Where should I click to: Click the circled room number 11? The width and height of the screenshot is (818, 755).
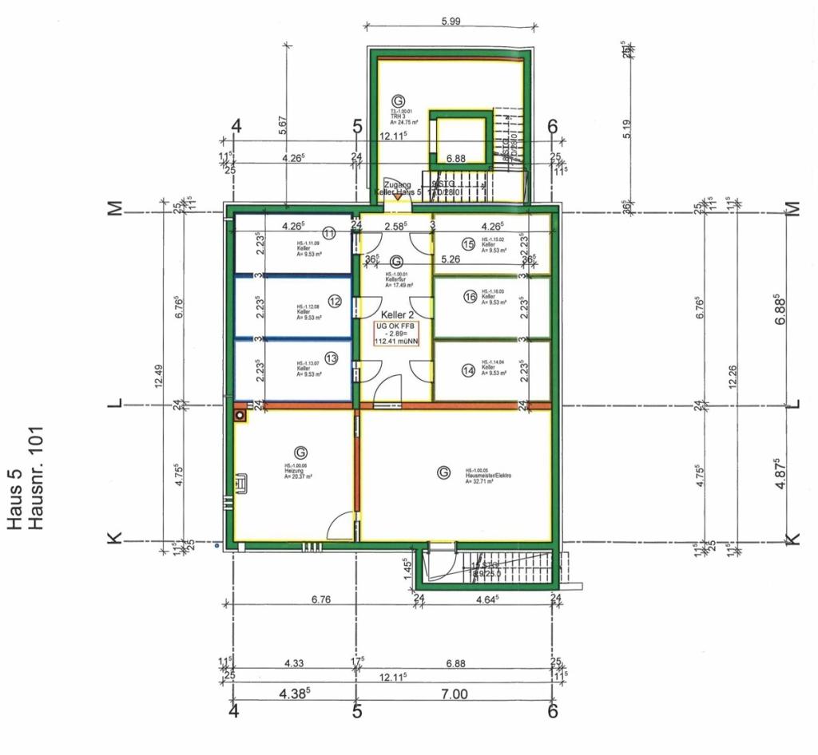tap(329, 232)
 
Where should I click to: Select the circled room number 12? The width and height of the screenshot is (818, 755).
tap(334, 301)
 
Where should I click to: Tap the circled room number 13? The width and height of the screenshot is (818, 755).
tap(331, 359)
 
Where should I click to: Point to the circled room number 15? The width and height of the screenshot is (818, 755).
tap(469, 243)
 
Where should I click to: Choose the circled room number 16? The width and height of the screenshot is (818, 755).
tap(470, 297)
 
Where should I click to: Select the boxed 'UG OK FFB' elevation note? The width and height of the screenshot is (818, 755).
tap(397, 334)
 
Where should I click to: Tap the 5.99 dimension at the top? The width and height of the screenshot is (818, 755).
tap(451, 22)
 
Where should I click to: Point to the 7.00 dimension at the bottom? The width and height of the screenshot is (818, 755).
tap(453, 694)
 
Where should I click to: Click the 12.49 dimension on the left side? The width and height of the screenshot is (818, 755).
tap(159, 375)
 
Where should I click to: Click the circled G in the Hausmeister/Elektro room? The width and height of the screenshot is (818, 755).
tap(443, 472)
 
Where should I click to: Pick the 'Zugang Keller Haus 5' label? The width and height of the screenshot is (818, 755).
tap(397, 188)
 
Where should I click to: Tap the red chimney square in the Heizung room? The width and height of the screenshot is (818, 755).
tap(240, 416)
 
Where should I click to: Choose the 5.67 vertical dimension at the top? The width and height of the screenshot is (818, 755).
tap(284, 126)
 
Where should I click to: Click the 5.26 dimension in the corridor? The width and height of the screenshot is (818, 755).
tap(451, 259)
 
